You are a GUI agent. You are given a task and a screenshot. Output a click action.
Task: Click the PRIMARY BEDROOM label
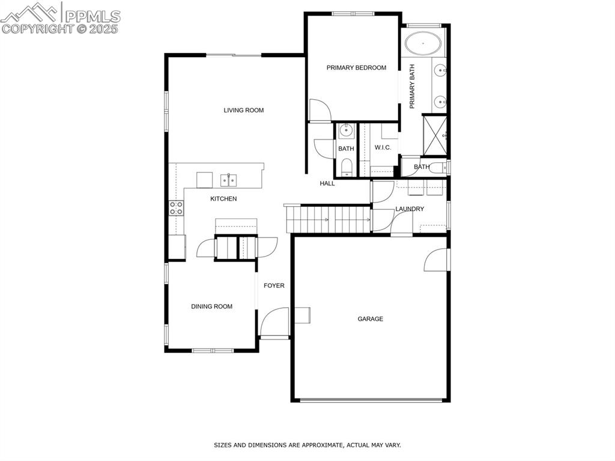pyautogui.click(x=356, y=68)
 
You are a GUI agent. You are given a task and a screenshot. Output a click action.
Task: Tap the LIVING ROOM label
pyautogui.click(x=243, y=110)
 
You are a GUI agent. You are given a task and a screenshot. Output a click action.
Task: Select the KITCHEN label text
pyautogui.click(x=223, y=199)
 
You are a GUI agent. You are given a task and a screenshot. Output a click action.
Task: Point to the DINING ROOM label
pyautogui.click(x=211, y=307)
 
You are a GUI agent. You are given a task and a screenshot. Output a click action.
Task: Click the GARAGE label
pyautogui.click(x=370, y=319)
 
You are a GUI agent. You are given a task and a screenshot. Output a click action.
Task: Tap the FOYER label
pyautogui.click(x=274, y=286)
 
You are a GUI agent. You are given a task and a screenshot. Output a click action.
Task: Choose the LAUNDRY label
pyautogui.click(x=410, y=209)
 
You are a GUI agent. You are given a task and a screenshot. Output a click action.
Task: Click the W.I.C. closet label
pyautogui.click(x=383, y=148)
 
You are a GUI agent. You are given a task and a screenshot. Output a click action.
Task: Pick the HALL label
pyautogui.click(x=327, y=183)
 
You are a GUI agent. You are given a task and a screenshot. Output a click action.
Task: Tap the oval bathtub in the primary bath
pyautogui.click(x=422, y=44)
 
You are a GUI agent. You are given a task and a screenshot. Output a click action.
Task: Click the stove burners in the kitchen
pyautogui.click(x=176, y=208)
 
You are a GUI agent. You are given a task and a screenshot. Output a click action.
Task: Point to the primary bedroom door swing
pyautogui.click(x=320, y=110)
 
